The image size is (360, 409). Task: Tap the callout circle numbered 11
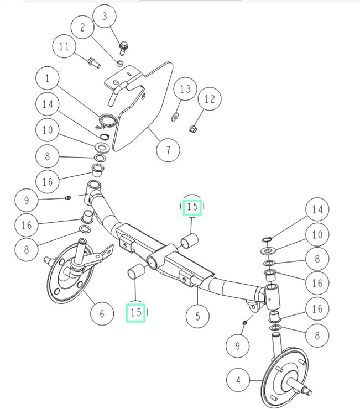(x=65, y=48)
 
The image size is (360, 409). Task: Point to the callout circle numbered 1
(x=48, y=79)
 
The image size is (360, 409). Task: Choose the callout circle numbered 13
(x=185, y=89)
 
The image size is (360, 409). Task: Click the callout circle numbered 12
(x=210, y=99)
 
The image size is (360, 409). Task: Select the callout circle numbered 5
(x=197, y=317)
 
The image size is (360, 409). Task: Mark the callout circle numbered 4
(x=238, y=380)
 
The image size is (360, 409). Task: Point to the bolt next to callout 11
(x=93, y=62)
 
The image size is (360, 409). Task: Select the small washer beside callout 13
(x=175, y=117)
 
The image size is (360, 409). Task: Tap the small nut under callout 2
(x=119, y=64)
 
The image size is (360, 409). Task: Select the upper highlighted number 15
(x=192, y=207)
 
